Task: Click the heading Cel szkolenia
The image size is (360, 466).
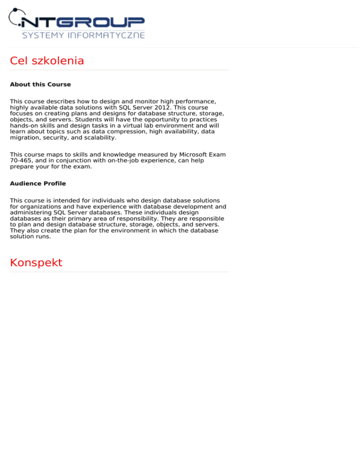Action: (x=47, y=61)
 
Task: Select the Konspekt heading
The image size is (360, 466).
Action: (x=36, y=263)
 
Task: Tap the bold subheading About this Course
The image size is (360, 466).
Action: (x=40, y=85)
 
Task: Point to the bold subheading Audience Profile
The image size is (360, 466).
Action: (x=38, y=184)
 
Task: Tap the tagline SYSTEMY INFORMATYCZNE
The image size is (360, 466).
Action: (x=83, y=36)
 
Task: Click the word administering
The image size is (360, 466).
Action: (x=31, y=212)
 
